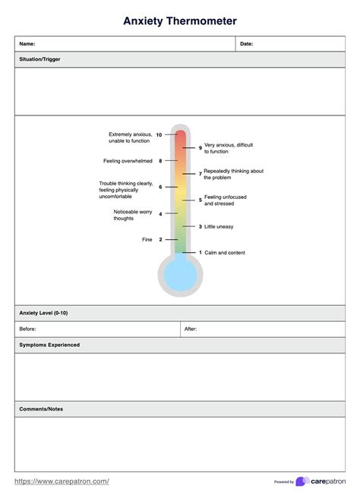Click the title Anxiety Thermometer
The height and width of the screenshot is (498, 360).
[180, 21]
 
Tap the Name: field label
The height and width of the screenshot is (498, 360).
[27, 44]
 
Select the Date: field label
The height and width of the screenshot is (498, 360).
[246, 44]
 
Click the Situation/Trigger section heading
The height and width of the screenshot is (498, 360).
[39, 59]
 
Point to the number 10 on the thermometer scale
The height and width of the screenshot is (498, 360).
[159, 134]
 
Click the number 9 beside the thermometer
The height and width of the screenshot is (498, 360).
[201, 147]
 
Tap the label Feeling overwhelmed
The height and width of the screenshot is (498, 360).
[128, 161]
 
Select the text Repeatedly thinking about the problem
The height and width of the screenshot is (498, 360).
[233, 174]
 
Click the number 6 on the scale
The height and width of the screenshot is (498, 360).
[160, 187]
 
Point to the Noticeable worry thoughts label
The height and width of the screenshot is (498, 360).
[133, 215]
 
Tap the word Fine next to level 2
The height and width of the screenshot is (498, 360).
[147, 240]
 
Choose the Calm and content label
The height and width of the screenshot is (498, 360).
[225, 253]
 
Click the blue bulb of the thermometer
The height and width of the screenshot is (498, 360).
[180, 274]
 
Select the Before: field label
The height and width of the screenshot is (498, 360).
[27, 329]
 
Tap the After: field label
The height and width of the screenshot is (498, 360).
[191, 329]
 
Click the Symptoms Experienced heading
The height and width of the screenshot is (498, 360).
[49, 345]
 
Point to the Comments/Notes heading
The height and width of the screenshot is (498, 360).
[41, 409]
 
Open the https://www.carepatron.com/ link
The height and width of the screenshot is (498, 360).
[62, 481]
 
